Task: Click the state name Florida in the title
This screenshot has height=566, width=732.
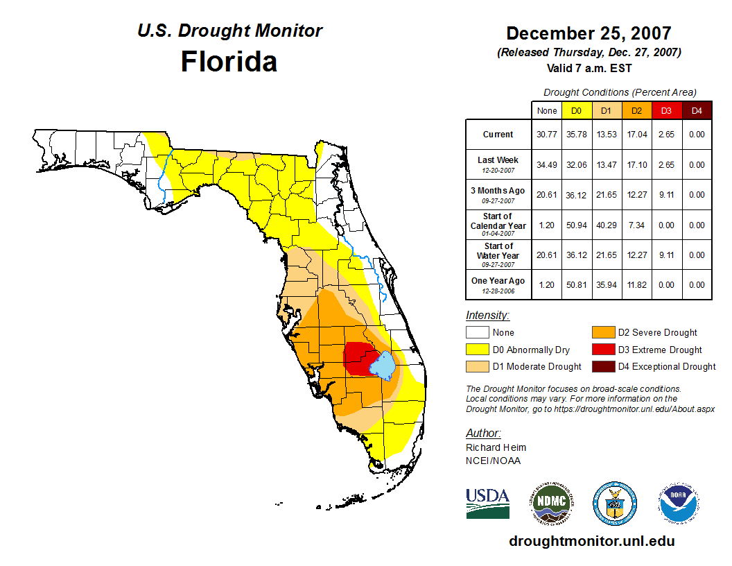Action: [x=229, y=62]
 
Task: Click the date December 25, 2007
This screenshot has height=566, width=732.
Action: [x=589, y=33]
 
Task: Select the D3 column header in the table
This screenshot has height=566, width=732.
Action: [x=666, y=110]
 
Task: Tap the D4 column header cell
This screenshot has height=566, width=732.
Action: [x=697, y=110]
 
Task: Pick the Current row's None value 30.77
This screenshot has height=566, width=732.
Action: [x=547, y=135]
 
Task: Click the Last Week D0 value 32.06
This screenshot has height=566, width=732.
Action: [x=576, y=165]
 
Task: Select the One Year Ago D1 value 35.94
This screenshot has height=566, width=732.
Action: [x=606, y=285]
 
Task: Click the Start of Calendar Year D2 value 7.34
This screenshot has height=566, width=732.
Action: [x=636, y=225]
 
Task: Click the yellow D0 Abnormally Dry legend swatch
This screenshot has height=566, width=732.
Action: [x=477, y=350]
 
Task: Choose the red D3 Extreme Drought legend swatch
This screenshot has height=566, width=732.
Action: [x=602, y=350]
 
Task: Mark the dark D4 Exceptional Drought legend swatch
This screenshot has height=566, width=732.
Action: [x=602, y=366]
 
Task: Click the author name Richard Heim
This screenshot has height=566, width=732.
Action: [x=496, y=447]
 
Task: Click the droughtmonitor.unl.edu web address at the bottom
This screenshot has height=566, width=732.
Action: [x=591, y=541]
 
